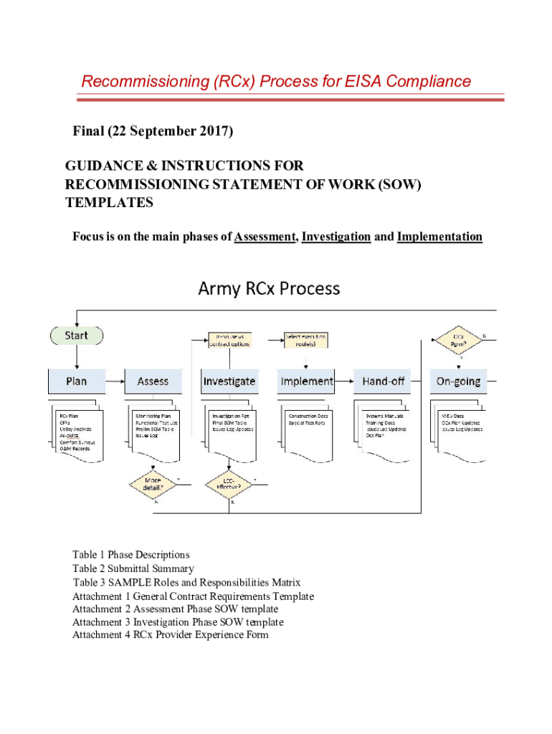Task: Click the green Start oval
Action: pos(77,335)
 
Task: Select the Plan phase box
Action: pos(77,381)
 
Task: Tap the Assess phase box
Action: pos(153,381)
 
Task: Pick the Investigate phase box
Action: pos(229,381)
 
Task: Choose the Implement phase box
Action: pos(307,381)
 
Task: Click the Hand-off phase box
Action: pos(384,381)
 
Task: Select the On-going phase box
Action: pos(459,381)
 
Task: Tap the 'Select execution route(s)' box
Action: pos(306,340)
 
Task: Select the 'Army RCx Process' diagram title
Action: pos(269,289)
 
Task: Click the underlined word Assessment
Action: pos(265,237)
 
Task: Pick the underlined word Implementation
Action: pos(439,237)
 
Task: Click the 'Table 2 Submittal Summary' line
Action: pos(133,568)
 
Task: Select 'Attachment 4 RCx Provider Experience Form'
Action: pos(170,635)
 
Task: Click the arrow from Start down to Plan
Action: pos(77,356)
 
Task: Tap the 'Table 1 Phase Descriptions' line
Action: pos(130,555)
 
